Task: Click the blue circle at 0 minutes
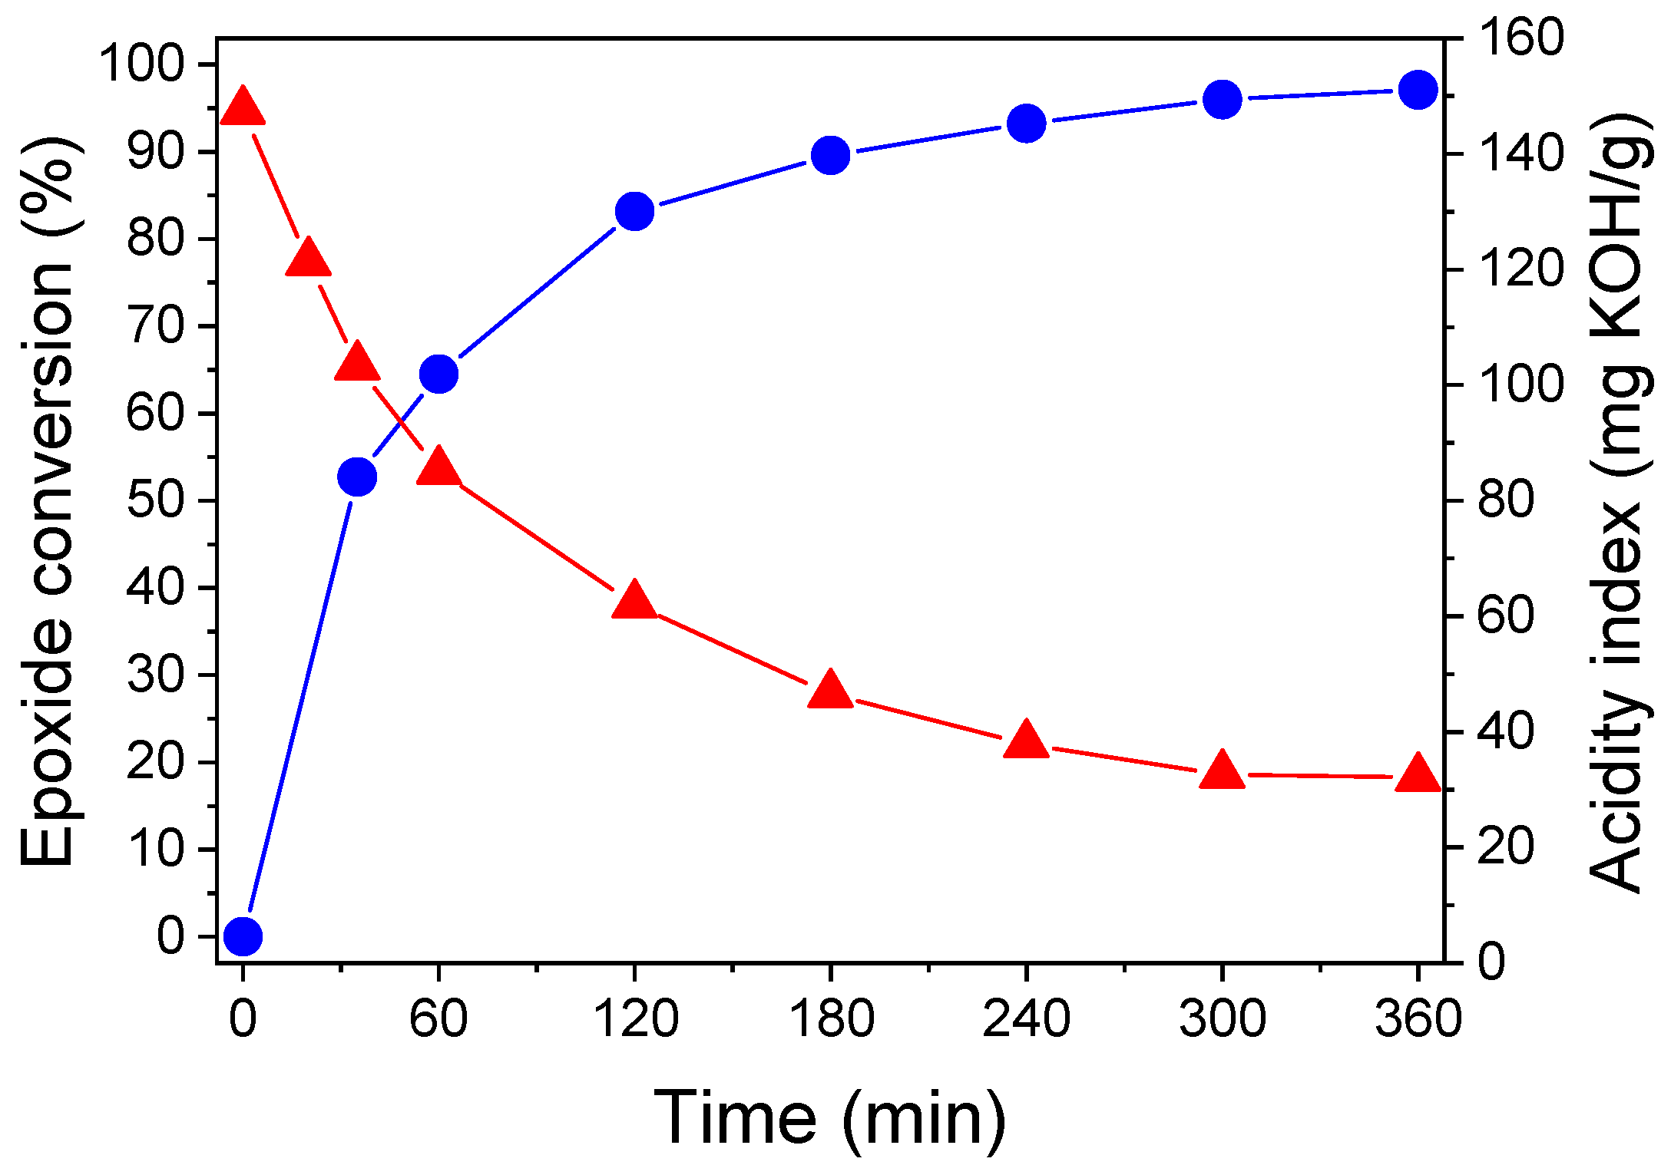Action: pos(243,936)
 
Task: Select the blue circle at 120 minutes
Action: pos(634,211)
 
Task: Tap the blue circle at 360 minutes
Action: pos(1418,90)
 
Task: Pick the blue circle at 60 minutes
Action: pos(438,374)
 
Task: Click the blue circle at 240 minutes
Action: pos(1026,123)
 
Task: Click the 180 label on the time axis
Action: pos(831,1019)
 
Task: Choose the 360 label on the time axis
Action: pos(1418,1019)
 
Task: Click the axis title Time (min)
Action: pos(829,1119)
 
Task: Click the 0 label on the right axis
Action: pos(1491,962)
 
